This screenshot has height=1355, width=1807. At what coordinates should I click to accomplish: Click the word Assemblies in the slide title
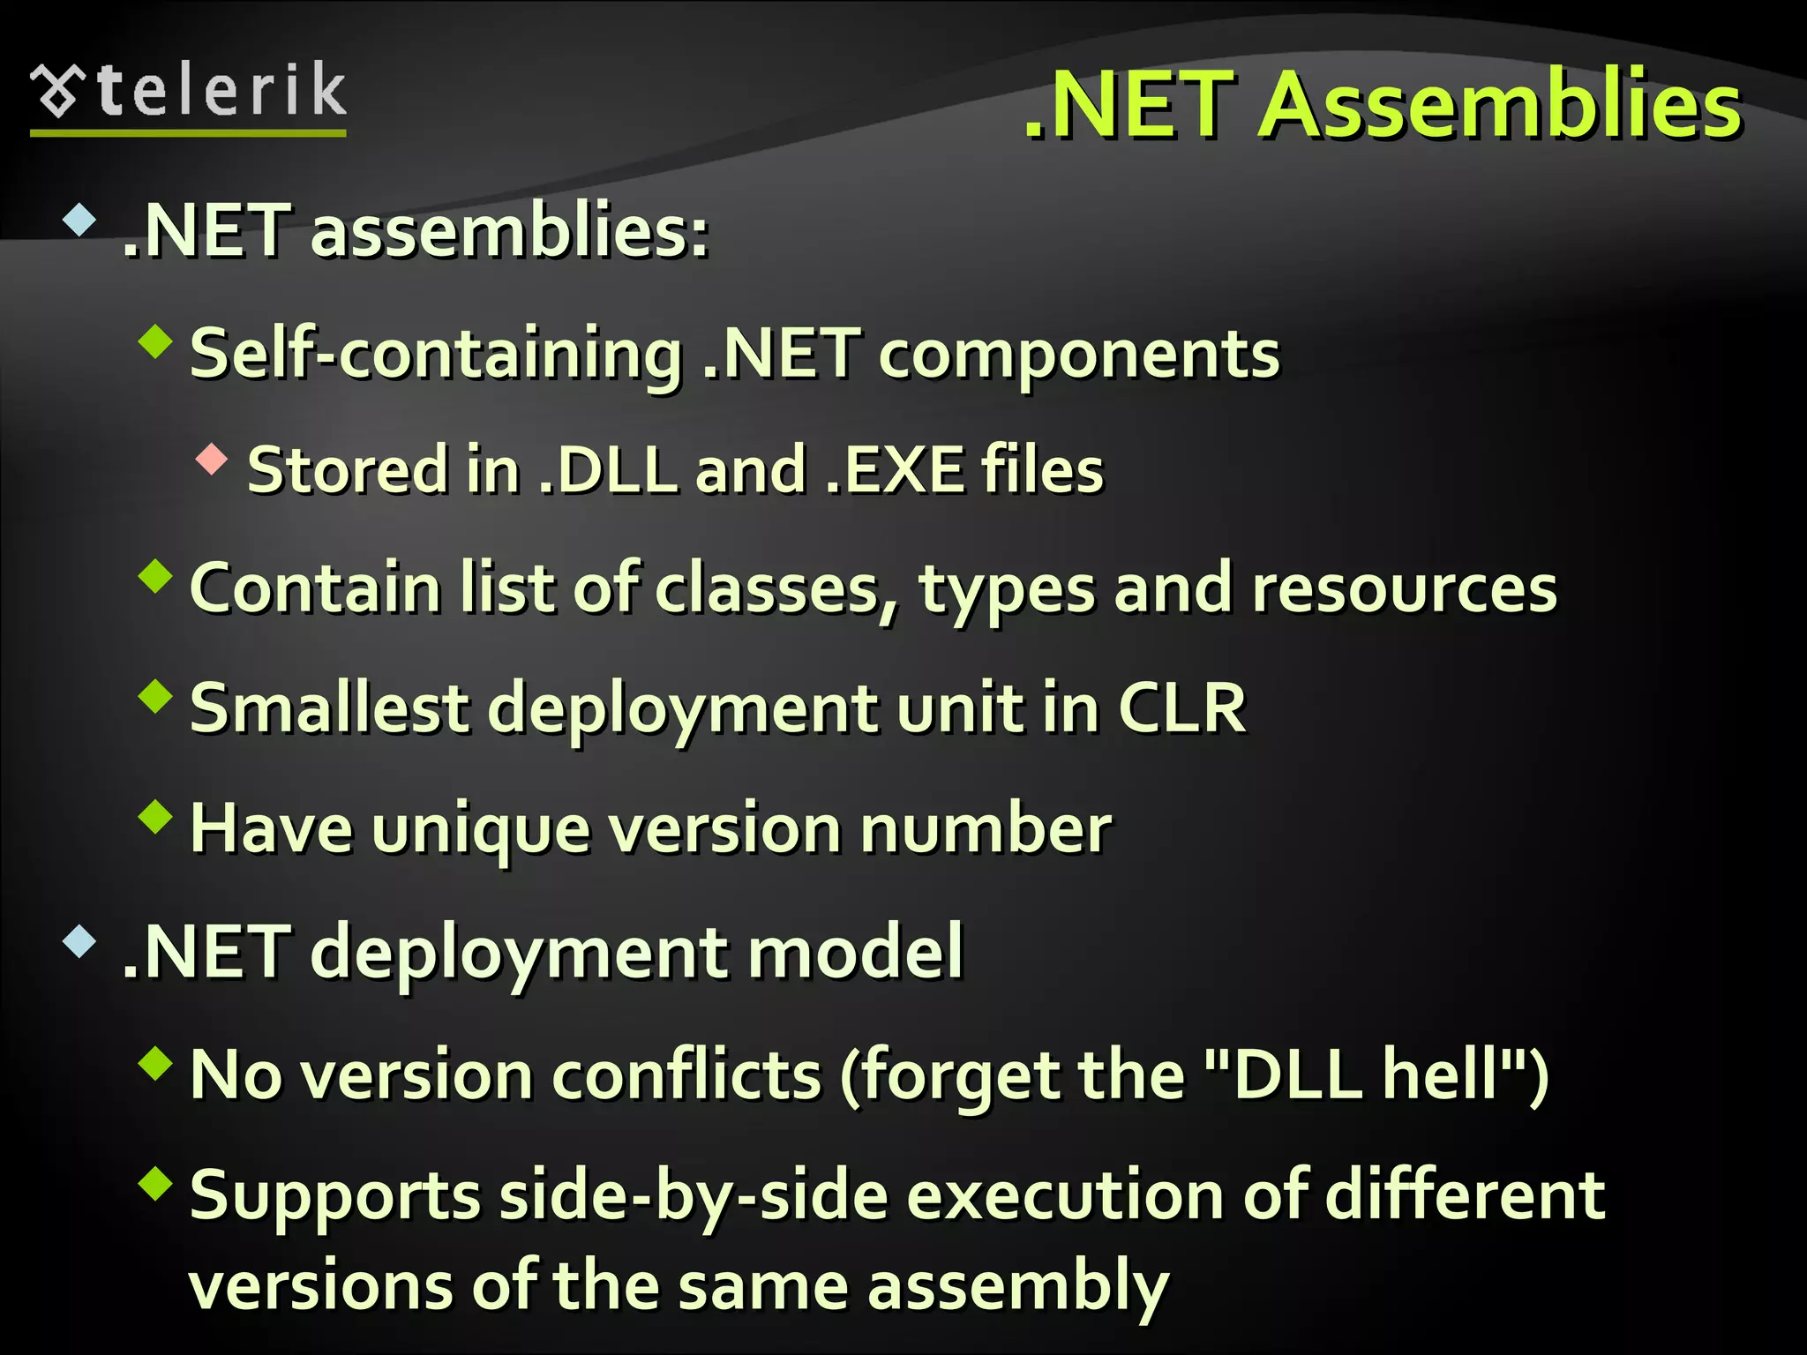[x=1500, y=106]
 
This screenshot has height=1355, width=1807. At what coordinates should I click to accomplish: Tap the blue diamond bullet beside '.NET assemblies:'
[x=79, y=220]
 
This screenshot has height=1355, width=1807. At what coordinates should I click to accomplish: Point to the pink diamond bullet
[x=212, y=460]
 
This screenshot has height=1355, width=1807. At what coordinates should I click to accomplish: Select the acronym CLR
[x=1182, y=708]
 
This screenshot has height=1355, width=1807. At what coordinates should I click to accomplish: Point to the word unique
[x=481, y=830]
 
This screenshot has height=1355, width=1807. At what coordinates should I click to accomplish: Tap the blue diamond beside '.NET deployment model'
[x=79, y=942]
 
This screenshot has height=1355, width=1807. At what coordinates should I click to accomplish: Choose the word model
[x=855, y=952]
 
